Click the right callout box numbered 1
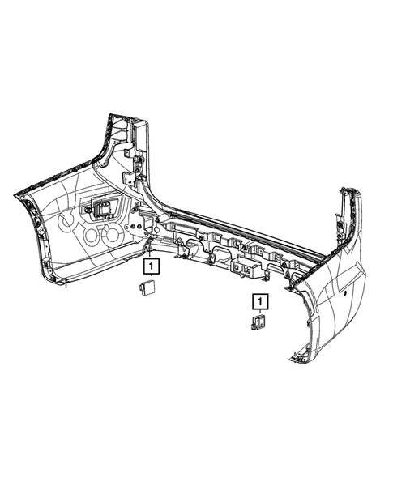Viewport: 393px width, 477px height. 259,303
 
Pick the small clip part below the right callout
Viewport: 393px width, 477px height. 258,322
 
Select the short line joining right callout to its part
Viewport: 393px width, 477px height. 259,313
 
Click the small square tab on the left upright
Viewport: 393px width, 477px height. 127,151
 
